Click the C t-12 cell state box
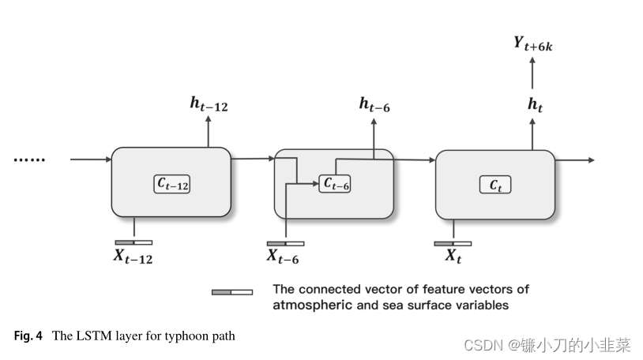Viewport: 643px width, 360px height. [172, 184]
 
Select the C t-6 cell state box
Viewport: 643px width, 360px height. [336, 183]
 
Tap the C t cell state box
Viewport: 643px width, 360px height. [495, 185]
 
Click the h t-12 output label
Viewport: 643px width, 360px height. [209, 103]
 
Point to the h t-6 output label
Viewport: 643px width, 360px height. [374, 103]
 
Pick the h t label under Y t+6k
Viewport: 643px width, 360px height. [535, 103]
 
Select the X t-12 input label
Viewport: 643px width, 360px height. [133, 256]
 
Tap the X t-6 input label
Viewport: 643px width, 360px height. [282, 256]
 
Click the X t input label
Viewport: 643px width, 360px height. [453, 256]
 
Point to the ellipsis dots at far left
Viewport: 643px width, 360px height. [30, 160]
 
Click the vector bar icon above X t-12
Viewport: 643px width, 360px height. [133, 242]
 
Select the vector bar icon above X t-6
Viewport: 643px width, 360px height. [285, 243]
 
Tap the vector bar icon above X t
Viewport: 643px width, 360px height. [453, 243]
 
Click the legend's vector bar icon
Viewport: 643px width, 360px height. [232, 291]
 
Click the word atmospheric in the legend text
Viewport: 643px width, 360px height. [312, 305]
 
